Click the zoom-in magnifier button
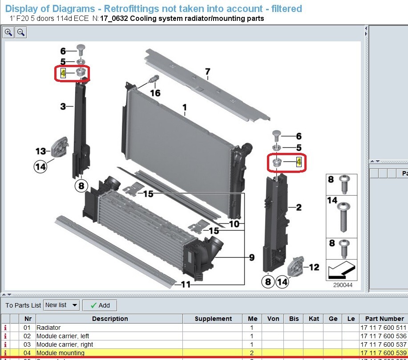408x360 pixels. pyautogui.click(x=9, y=32)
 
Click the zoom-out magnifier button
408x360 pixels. pyautogui.click(x=20, y=32)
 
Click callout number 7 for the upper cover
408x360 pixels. pyautogui.click(x=207, y=72)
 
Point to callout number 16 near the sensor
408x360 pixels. pyautogui.click(x=155, y=93)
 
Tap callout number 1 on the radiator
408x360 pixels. pyautogui.click(x=185, y=107)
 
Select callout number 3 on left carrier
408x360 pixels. pyautogui.click(x=63, y=106)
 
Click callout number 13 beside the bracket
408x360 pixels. pyautogui.click(x=40, y=151)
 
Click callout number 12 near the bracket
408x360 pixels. pyautogui.click(x=314, y=267)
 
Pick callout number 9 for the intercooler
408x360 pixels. pyautogui.click(x=252, y=257)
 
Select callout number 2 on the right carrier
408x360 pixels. pyautogui.click(x=299, y=207)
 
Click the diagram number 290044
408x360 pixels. pyautogui.click(x=343, y=285)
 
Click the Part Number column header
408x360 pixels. pyautogui.click(x=384, y=319)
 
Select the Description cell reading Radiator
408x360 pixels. pyautogui.click(x=48, y=328)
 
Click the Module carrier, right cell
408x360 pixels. pyautogui.click(x=65, y=344)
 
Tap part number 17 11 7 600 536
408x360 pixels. pyautogui.click(x=383, y=336)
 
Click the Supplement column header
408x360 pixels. pyautogui.click(x=213, y=319)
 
